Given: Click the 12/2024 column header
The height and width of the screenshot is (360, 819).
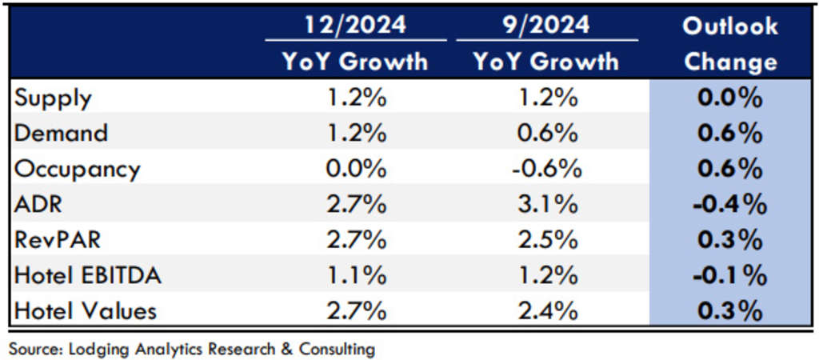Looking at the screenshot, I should coord(354,25).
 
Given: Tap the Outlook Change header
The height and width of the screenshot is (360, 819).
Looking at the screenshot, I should coord(729,43).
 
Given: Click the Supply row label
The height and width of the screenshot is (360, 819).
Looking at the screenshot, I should coord(53,98).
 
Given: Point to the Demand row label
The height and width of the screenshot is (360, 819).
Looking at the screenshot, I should coord(61,134).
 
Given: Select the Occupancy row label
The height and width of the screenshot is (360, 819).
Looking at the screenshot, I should coord(77,170).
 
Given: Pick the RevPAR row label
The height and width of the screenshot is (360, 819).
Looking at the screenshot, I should coord(58,240).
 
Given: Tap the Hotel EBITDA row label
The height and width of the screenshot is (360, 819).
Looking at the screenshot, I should coord(88,276).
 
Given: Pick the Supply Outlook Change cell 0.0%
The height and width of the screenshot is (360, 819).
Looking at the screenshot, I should coord(729,98).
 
